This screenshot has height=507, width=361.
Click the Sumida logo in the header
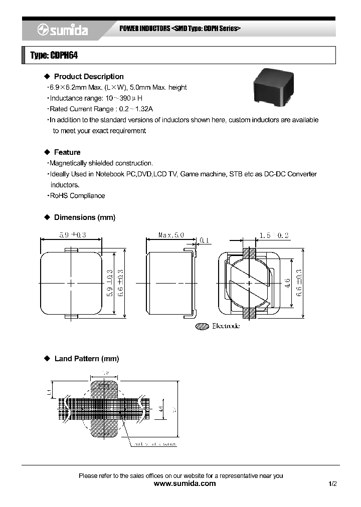tap(63, 31)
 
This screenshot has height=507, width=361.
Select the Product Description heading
tap(89, 77)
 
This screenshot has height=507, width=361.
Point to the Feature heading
tap(67, 152)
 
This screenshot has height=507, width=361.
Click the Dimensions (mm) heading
tap(84, 217)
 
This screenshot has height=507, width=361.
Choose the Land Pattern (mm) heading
tap(86, 359)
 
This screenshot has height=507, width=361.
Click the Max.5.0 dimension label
tap(171, 234)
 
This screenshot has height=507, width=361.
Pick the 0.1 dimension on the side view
tap(204, 240)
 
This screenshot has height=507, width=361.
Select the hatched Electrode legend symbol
tap(202, 326)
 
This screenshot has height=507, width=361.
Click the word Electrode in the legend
tap(226, 326)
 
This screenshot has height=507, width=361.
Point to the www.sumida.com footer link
tap(185, 483)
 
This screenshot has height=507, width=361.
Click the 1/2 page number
tap(333, 484)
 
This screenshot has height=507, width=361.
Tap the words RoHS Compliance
tap(78, 196)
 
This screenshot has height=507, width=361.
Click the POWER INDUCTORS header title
tap(145, 29)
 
